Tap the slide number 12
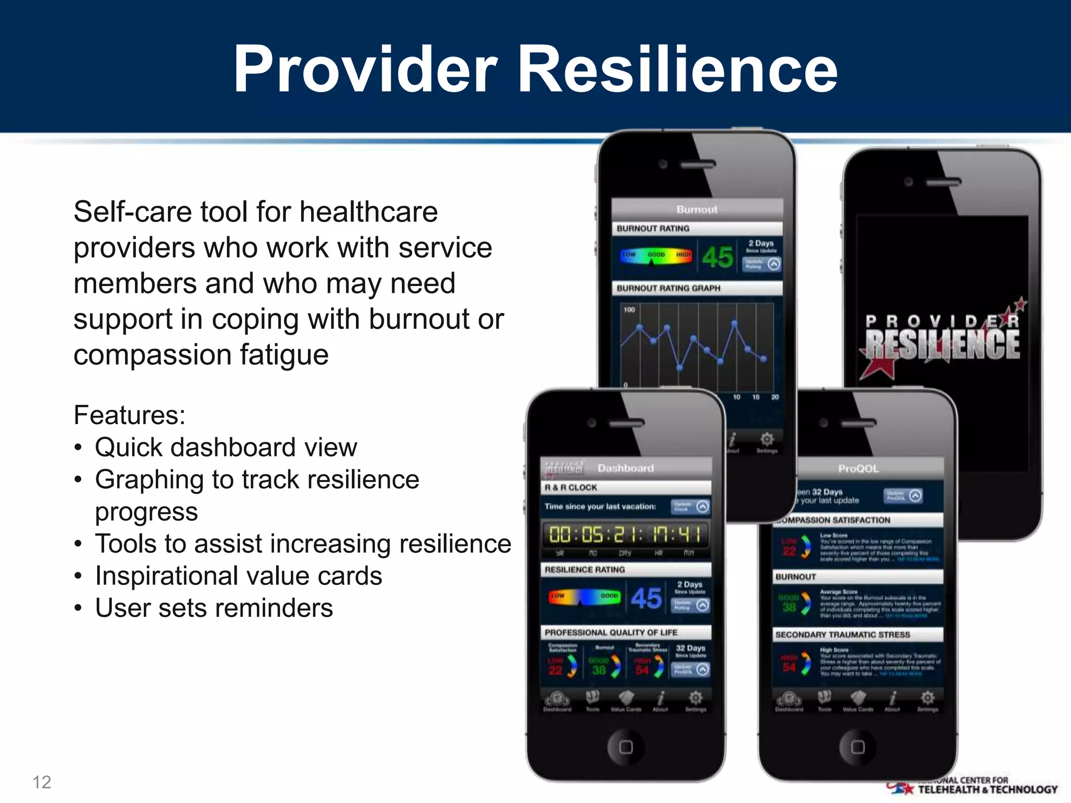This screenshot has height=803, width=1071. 42,782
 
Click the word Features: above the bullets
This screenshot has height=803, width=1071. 130,415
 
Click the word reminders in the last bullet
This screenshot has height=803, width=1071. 272,608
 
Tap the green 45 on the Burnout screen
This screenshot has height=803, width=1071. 717,257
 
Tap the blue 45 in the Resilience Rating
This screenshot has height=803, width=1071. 646,598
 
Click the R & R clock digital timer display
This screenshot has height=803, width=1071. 625,535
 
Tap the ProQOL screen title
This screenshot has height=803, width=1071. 858,468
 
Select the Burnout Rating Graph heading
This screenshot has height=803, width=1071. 668,288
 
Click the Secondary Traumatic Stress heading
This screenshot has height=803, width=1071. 842,635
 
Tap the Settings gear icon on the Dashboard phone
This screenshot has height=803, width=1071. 696,698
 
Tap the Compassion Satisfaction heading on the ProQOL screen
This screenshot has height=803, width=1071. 837,520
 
